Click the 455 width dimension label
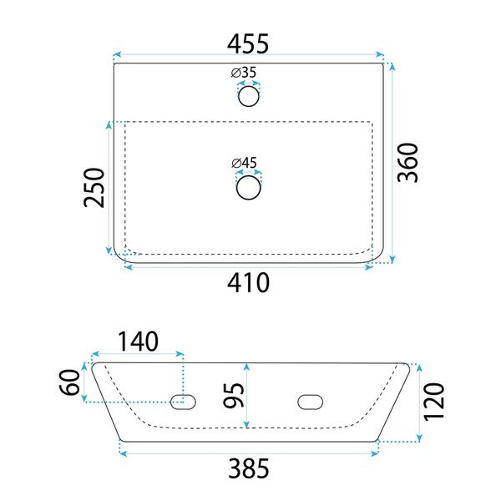tap(248, 43)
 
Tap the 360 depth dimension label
tap(407, 163)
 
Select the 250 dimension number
tap(94, 188)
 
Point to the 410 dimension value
tap(248, 282)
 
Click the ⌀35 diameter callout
tap(244, 73)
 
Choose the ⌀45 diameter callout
tap(244, 163)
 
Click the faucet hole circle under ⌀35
tap(249, 96)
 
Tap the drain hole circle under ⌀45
tap(249, 188)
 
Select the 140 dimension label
tap(138, 342)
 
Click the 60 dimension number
tap(69, 382)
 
